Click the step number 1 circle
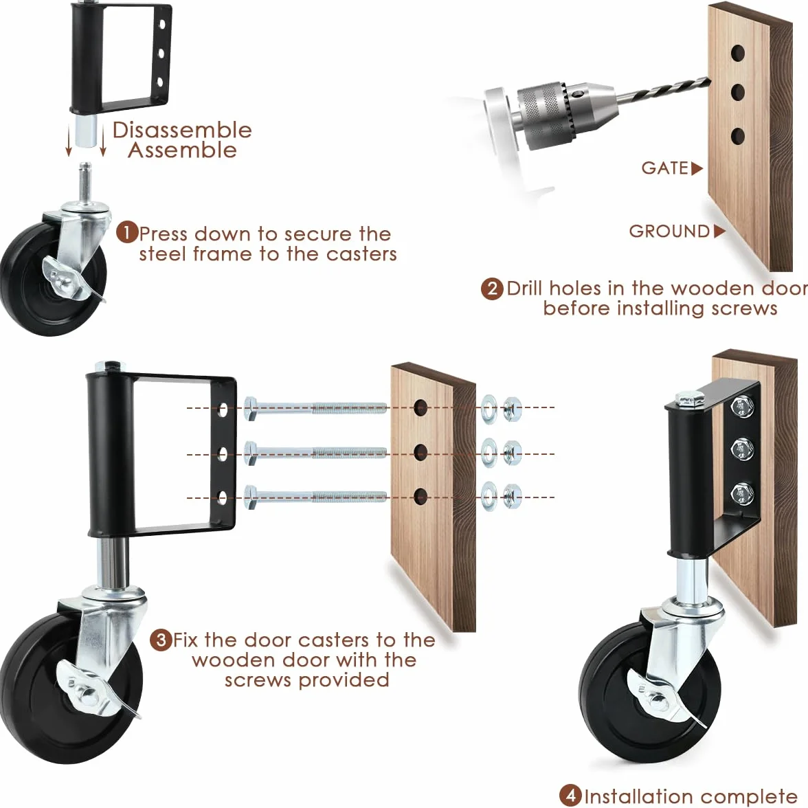pos(126,232)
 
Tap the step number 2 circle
pos(492,288)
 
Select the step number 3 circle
pos(161,640)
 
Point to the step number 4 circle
pos(570,795)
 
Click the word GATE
pos(665,168)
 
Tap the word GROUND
pos(669,232)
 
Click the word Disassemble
pos(183,130)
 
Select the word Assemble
pos(183,150)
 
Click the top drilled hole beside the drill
pos(738,52)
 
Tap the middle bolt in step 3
pos(315,452)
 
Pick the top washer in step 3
pos(489,409)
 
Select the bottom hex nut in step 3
pos(512,497)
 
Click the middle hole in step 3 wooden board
pos(421,452)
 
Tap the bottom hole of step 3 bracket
pos(223,497)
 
